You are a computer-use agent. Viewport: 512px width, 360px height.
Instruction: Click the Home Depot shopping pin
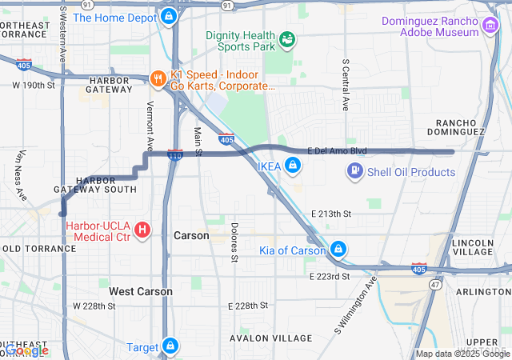[x=168, y=16]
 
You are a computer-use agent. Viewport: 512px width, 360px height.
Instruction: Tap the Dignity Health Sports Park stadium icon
[x=286, y=38]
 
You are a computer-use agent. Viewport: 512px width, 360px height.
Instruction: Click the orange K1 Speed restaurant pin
[x=158, y=78]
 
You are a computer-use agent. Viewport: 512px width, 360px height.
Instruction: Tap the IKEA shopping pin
[x=294, y=166]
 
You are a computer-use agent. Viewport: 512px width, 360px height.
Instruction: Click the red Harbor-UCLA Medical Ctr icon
[x=142, y=230]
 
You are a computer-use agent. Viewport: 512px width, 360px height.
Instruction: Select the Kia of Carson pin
[x=339, y=250]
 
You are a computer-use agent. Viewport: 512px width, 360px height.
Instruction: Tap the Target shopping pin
[x=170, y=346]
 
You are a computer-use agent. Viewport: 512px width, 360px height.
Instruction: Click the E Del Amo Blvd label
[x=337, y=150]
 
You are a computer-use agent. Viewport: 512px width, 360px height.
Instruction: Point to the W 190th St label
[x=33, y=84]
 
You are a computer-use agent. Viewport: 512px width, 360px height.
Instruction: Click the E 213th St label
[x=330, y=214]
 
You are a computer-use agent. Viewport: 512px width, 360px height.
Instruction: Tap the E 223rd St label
[x=330, y=276]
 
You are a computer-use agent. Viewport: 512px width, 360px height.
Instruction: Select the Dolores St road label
[x=234, y=242]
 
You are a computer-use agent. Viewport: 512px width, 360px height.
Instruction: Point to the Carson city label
[x=191, y=236]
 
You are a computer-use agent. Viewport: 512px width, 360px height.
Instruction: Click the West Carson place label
[x=141, y=292]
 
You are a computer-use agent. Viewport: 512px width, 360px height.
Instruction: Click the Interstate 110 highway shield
[x=174, y=154]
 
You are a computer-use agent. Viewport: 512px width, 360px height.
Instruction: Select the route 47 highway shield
[x=434, y=284]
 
